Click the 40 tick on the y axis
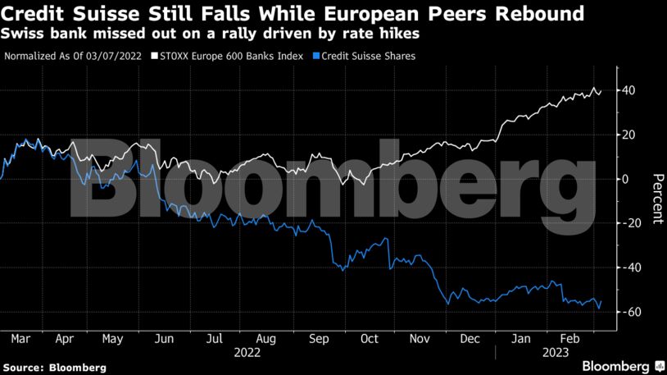629,90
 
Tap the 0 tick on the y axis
625,179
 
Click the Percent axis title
656,199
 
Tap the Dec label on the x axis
470,338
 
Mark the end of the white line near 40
601,91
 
